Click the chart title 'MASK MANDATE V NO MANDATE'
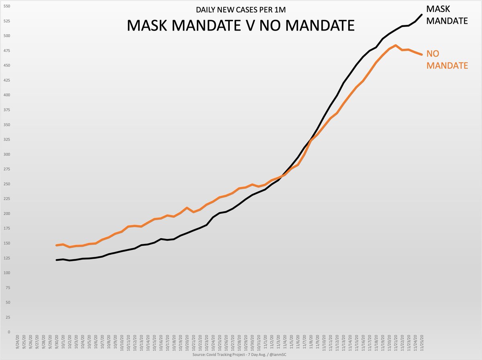click(x=241, y=26)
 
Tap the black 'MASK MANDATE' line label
click(x=447, y=14)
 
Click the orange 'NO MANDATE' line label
click(x=447, y=59)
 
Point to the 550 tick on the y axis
click(x=6, y=6)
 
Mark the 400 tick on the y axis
click(x=6, y=95)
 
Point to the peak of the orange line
click(x=396, y=45)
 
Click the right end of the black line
click(x=422, y=15)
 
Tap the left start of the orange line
click(x=57, y=245)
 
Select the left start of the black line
click(x=57, y=260)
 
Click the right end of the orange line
click(x=421, y=54)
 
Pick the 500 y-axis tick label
click(x=6, y=36)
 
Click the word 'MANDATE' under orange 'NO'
click(x=447, y=65)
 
